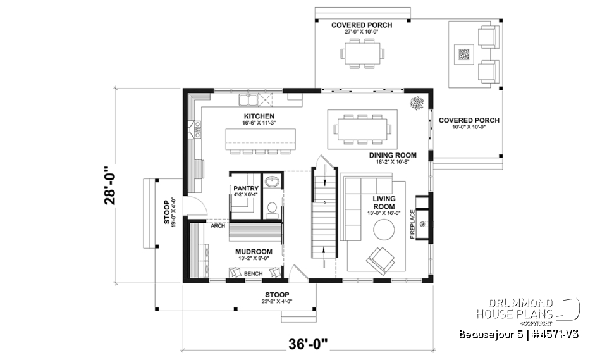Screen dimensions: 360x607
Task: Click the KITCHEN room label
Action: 259,116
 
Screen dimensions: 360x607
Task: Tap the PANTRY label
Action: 245,189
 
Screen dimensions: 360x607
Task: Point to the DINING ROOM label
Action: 393,155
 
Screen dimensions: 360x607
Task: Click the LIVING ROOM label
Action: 384,202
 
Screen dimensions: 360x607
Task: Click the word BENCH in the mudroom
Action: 253,273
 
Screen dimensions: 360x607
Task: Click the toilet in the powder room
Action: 272,208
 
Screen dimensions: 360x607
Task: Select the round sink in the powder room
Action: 273,182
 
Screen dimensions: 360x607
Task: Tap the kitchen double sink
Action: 247,100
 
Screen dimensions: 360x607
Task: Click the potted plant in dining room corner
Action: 417,102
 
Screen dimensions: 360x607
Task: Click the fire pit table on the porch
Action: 464,55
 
